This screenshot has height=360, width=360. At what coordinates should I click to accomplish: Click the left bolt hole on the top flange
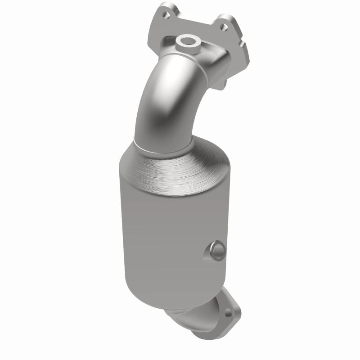coord(166,15)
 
